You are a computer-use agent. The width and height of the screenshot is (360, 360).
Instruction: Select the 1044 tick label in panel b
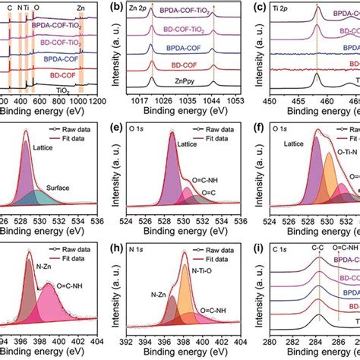pyautogui.click(x=212, y=99)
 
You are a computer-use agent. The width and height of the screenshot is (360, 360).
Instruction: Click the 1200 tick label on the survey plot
pyautogui.click(x=96, y=99)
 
